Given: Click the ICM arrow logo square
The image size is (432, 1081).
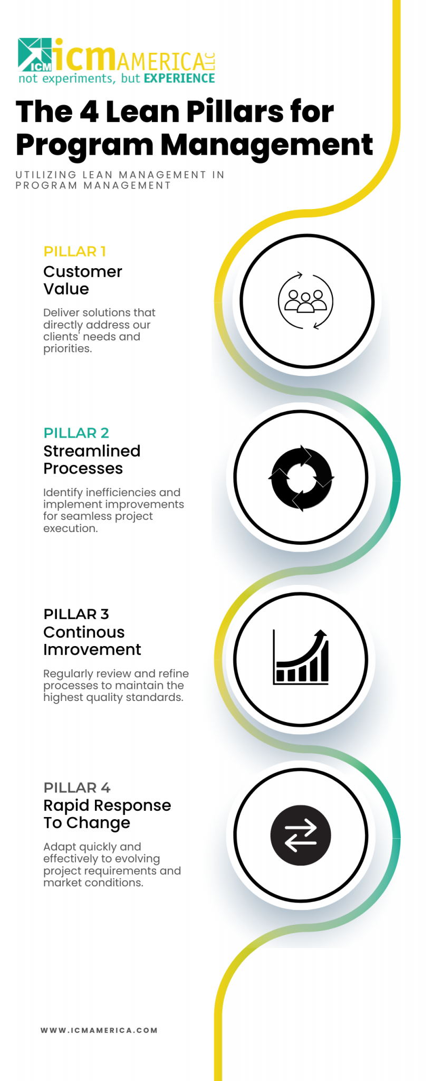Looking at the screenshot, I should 35,54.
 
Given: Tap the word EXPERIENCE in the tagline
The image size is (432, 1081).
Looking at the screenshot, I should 179,79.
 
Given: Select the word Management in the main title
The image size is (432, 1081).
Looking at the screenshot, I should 266,145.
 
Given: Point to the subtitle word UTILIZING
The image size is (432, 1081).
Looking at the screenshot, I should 46,175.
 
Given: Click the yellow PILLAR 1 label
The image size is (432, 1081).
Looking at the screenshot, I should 74,251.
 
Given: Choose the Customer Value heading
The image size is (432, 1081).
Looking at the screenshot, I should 82,280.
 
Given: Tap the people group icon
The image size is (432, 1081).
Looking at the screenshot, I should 305,301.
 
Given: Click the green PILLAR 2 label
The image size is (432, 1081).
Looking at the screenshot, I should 76,433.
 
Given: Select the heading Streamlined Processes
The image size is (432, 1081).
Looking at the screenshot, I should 92,460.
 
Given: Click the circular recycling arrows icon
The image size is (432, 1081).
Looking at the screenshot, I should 301,478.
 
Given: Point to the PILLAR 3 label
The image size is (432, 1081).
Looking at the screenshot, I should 76,614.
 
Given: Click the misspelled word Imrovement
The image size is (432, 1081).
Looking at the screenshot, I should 92,650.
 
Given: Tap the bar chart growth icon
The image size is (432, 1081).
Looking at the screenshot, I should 301,658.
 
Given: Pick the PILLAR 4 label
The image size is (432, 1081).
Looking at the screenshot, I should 76,788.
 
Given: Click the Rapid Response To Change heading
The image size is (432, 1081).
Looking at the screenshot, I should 107,814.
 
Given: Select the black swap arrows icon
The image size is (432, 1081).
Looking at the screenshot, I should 301,835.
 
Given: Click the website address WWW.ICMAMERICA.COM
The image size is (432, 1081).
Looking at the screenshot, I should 99,1030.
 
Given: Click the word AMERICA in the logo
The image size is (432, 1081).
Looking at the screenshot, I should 160,62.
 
